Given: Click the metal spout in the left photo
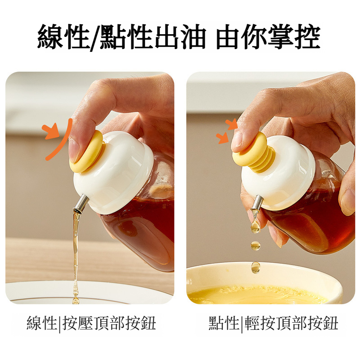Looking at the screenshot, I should [81, 203].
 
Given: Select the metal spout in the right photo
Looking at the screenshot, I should [257, 203].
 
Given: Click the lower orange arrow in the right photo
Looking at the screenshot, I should [223, 137].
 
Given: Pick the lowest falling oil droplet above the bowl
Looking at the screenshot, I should [256, 268].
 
